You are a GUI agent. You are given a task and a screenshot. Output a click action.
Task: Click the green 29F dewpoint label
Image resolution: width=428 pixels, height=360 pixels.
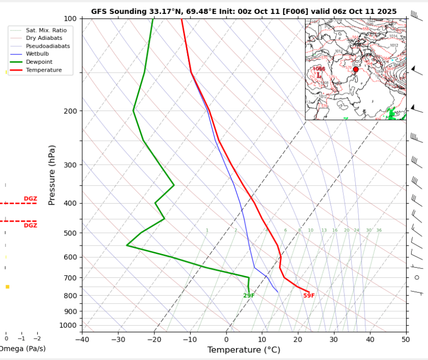(x=249, y=296)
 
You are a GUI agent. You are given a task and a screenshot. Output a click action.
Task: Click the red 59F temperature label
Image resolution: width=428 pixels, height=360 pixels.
(x=309, y=296)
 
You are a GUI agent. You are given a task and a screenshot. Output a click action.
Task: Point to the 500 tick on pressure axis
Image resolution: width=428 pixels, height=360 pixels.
(x=70, y=233)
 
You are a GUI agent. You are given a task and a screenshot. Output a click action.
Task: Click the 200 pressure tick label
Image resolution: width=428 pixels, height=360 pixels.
(x=70, y=111)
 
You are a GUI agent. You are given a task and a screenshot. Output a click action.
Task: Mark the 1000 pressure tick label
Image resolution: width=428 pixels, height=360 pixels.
(x=68, y=325)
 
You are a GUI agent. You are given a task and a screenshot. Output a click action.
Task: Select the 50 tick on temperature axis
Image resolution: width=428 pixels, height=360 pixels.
(x=406, y=340)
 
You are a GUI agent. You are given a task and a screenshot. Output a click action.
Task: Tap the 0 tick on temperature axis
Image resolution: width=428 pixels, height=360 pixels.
(x=226, y=340)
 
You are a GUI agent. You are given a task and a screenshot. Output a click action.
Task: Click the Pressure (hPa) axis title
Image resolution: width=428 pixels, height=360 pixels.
(x=52, y=175)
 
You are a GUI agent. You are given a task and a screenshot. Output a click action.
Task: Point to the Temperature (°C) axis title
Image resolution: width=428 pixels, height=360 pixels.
(x=243, y=350)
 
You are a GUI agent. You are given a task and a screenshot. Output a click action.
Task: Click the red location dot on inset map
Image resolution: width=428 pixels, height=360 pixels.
(x=355, y=69)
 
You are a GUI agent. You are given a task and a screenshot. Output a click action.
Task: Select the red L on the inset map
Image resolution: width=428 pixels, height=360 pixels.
(x=319, y=75)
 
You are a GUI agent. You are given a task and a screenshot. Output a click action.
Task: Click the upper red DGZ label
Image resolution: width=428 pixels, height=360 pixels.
(x=30, y=199)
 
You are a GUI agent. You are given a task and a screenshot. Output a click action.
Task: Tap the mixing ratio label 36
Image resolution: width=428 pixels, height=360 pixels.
(x=379, y=231)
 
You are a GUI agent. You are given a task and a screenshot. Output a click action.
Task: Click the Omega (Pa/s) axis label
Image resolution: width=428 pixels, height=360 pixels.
(x=20, y=349)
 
